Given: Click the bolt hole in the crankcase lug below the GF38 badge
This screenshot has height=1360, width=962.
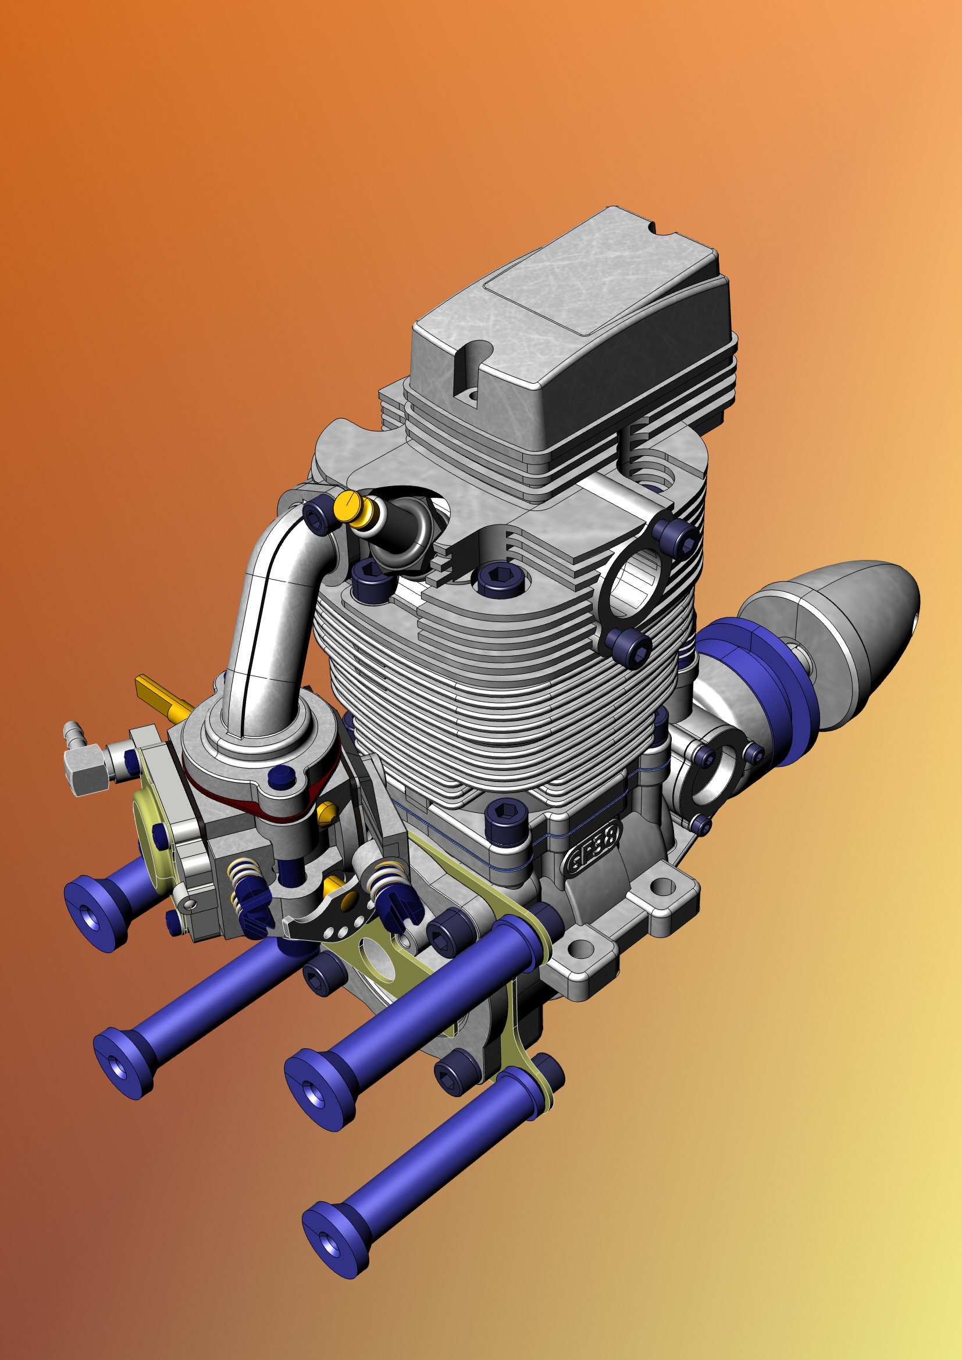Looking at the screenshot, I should tap(662, 887).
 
